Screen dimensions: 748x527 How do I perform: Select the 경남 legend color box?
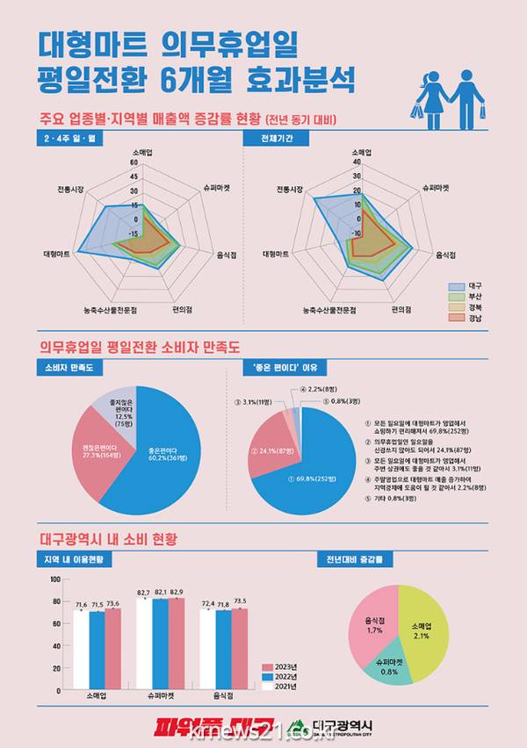tap(456, 318)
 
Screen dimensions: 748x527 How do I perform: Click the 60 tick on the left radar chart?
tap(134, 162)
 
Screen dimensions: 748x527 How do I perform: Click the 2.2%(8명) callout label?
tap(320, 388)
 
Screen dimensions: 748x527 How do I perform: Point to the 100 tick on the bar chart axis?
tap(54, 579)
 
